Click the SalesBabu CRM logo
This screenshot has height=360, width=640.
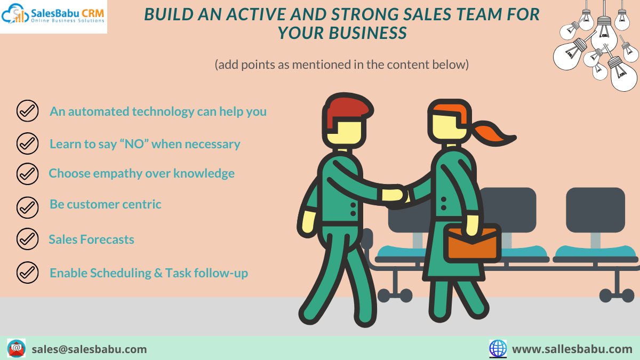[x=53, y=17]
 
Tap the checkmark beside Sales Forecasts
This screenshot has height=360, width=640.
[x=27, y=239]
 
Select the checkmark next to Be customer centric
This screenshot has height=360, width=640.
[x=27, y=207]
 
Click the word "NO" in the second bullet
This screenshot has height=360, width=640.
[x=134, y=144]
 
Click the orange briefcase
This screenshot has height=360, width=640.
[x=472, y=243]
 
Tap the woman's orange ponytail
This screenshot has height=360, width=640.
[x=493, y=133]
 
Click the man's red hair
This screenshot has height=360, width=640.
[x=348, y=110]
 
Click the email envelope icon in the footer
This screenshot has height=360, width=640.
[x=17, y=348]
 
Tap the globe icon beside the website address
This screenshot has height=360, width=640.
[x=498, y=349]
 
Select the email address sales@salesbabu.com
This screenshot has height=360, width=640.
[x=89, y=349]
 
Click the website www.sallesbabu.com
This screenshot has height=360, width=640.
[x=572, y=349]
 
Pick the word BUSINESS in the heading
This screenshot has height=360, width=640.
[x=367, y=33]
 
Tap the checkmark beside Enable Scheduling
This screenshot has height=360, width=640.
[x=27, y=273]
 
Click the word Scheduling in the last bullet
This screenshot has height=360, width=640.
[x=121, y=274]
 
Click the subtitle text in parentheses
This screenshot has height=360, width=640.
[x=342, y=65]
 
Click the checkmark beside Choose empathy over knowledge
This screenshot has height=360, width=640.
[x=27, y=174]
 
